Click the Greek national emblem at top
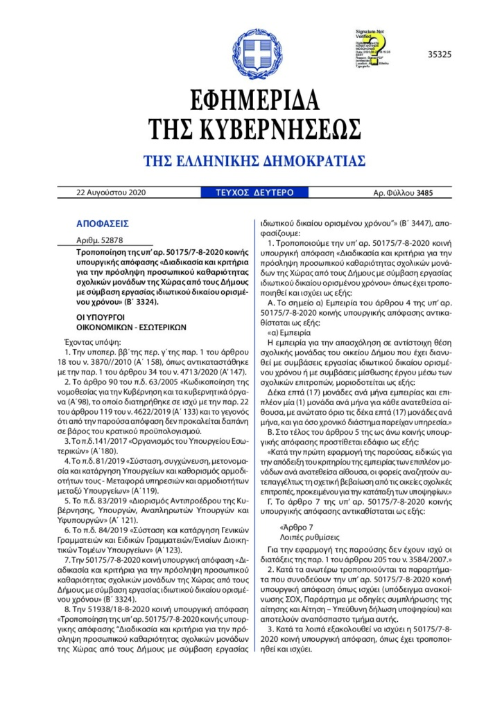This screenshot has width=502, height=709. point(251,48)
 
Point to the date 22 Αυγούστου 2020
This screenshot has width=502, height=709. point(111,192)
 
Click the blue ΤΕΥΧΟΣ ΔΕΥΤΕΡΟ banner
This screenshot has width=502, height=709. point(246,192)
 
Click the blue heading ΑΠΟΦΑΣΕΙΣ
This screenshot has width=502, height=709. point(103,225)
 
